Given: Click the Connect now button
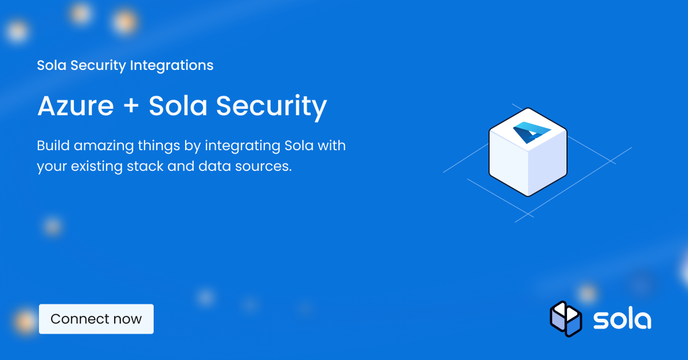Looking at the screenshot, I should (x=96, y=319).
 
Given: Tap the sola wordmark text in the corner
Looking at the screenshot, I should (x=621, y=320).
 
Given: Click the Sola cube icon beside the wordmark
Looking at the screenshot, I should (x=565, y=319).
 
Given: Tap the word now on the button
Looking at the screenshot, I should (x=128, y=319).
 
